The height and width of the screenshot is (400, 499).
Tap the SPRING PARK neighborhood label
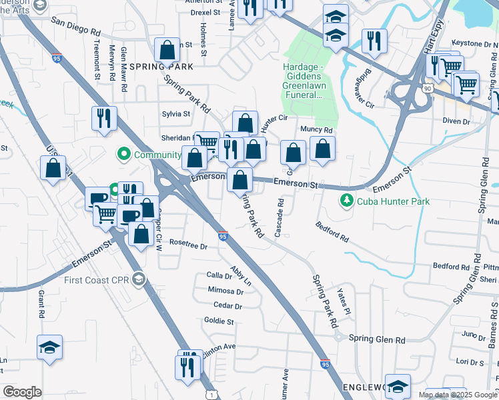click(161, 67)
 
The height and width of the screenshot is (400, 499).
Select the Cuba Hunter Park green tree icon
click(346, 201)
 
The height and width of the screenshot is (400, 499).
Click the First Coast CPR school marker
click(138, 278)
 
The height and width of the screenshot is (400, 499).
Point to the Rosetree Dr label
click(189, 246)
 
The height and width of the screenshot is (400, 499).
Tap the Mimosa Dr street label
click(225, 291)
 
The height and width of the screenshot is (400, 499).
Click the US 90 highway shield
click(427, 87)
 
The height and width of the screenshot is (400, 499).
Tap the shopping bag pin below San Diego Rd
click(166, 50)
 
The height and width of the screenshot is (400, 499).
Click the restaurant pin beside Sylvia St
click(104, 118)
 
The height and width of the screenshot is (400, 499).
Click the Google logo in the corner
click(22, 392)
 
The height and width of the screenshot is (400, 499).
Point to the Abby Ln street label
click(241, 276)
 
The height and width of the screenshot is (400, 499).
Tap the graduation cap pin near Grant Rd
click(49, 347)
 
